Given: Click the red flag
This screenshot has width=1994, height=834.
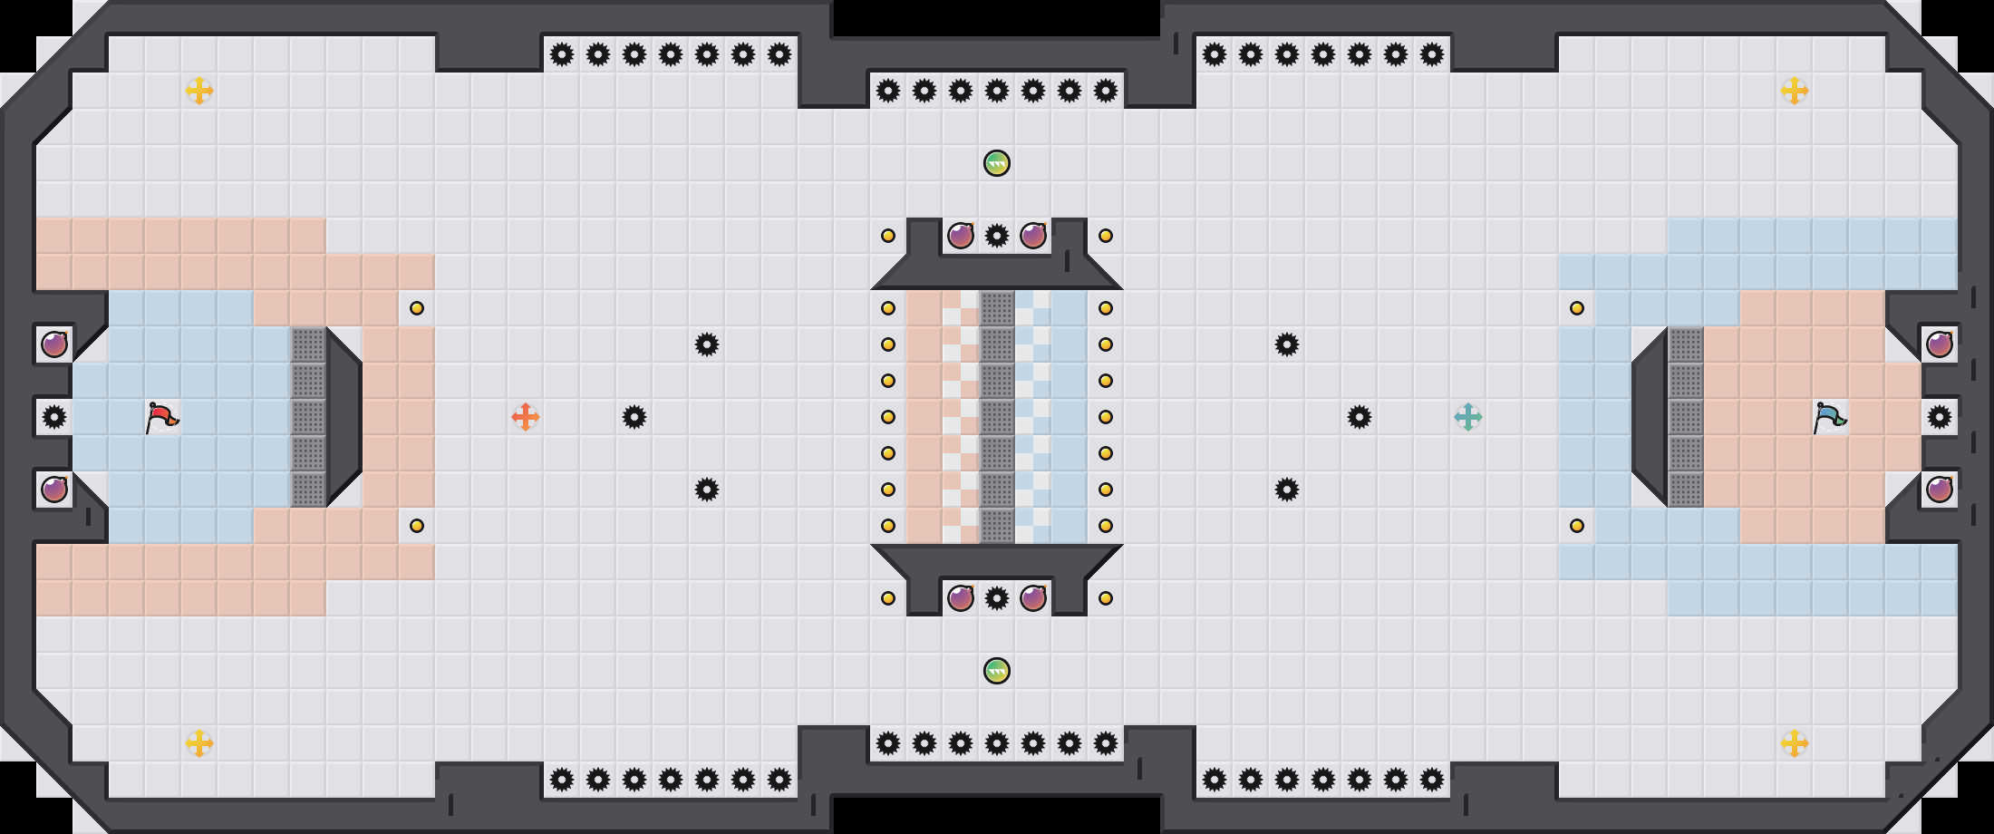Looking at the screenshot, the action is coord(161,417).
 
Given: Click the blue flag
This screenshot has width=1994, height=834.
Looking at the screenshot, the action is coord(1829,417).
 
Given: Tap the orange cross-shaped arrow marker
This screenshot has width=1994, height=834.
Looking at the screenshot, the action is coord(526,417).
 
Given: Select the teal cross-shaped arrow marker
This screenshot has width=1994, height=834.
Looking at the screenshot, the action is coord(1468,417).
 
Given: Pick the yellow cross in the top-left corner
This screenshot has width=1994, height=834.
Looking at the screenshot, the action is coord(199,91).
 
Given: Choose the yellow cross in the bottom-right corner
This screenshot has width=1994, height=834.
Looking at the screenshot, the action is coord(1795,743).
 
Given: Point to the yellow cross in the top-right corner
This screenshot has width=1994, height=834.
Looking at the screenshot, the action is coord(1795,91).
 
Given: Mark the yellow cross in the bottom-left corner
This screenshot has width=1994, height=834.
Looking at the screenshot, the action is coord(199,743).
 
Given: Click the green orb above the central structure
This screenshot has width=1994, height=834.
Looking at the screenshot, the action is coord(997,163).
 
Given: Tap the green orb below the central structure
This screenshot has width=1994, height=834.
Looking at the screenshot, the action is coord(997,671).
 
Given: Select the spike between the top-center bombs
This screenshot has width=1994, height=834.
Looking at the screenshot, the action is coord(997,236).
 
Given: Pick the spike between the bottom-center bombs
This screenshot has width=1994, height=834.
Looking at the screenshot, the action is coord(997,598).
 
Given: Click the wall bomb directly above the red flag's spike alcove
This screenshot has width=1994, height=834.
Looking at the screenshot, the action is coord(54,344).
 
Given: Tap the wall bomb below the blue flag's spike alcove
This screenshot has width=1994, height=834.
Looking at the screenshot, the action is coord(1940,490).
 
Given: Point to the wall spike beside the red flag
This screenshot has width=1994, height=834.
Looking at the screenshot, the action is coord(54,417).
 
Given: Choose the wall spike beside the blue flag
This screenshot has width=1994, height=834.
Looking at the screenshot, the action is coord(1940,417).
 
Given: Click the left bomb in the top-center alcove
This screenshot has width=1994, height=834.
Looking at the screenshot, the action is coord(961,236).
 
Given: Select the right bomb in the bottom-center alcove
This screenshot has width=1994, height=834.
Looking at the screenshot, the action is coord(1033,598).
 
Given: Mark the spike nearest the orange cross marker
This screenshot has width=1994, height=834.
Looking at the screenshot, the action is coord(634,417).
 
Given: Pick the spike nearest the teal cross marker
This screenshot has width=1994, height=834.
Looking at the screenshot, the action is coord(1360,417).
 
